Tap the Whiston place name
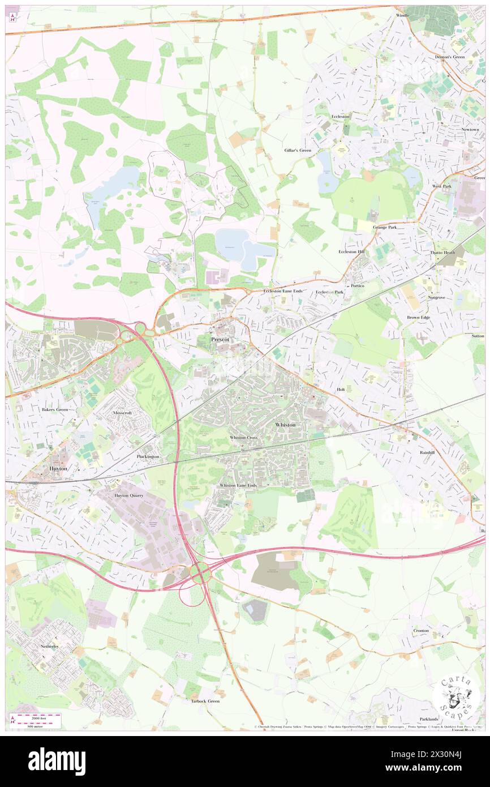(285, 424)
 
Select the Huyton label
(58, 469)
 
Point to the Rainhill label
(427, 453)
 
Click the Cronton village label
(420, 631)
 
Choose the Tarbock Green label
(204, 701)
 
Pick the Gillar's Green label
(298, 151)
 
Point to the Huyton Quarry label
(129, 495)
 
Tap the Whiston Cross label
(244, 438)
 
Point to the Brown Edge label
(418, 318)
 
